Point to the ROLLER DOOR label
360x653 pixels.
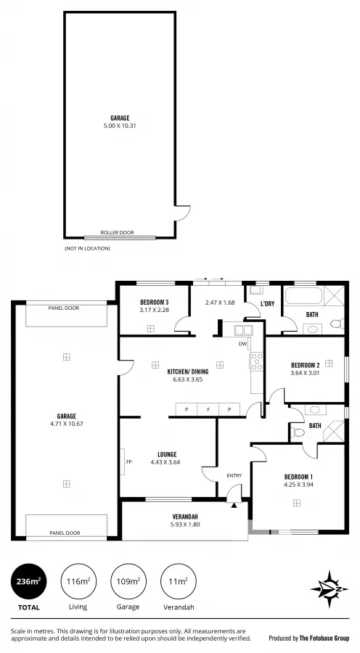click(119, 232)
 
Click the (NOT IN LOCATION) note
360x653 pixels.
click(87, 248)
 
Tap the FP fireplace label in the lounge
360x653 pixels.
click(128, 461)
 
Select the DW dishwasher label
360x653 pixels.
click(242, 344)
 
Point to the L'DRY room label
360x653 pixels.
click(267, 303)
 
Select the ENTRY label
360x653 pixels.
click(234, 475)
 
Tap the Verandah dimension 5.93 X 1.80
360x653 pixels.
click(185, 524)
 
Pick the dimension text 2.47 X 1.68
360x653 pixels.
click(220, 303)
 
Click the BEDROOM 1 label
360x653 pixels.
click(298, 477)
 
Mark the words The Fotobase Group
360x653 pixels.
click(324, 638)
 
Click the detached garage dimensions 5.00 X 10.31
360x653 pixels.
click(120, 124)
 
